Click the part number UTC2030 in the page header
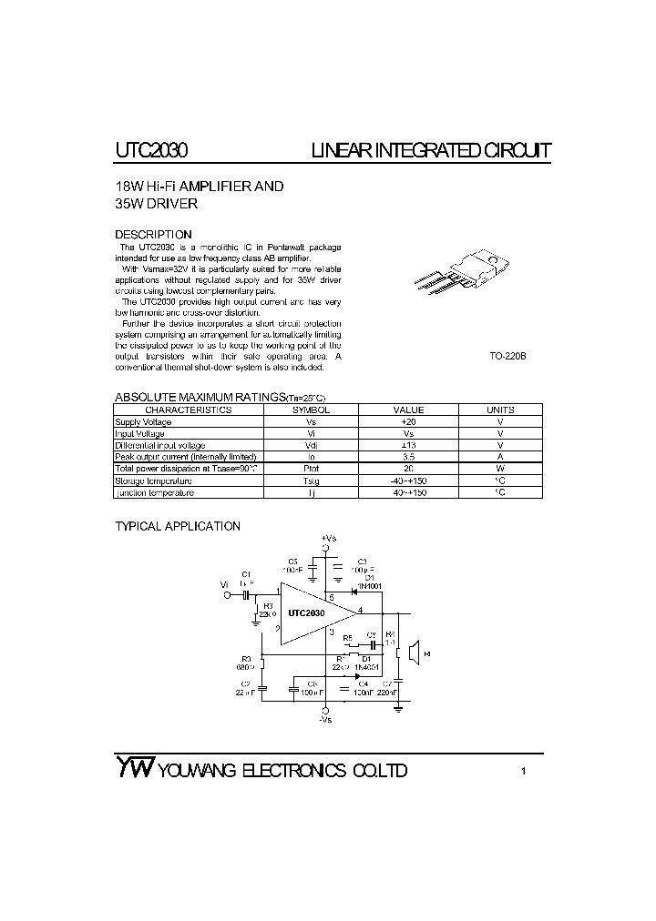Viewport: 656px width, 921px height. click(x=152, y=150)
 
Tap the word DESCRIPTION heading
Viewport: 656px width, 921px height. click(x=153, y=234)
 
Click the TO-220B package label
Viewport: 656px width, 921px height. click(x=507, y=356)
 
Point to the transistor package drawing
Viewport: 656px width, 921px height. click(x=456, y=274)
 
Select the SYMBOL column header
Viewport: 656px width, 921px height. click(x=311, y=410)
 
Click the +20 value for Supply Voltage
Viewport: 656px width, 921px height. click(x=408, y=422)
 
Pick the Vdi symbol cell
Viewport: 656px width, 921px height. click(x=311, y=445)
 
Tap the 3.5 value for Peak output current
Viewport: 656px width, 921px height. click(x=408, y=457)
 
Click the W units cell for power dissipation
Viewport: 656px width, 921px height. click(x=500, y=469)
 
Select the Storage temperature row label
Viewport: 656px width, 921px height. click(x=153, y=481)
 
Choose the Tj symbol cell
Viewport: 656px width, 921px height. click(x=311, y=492)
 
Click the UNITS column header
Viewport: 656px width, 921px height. click(x=500, y=410)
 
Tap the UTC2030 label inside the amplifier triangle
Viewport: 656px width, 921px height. click(x=306, y=613)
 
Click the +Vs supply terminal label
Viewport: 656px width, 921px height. click(x=328, y=539)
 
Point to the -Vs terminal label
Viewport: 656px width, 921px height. click(x=326, y=720)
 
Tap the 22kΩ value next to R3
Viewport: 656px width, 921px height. click(x=268, y=614)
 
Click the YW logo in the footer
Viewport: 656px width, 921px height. click(x=135, y=768)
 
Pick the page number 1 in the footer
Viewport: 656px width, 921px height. click(x=524, y=772)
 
